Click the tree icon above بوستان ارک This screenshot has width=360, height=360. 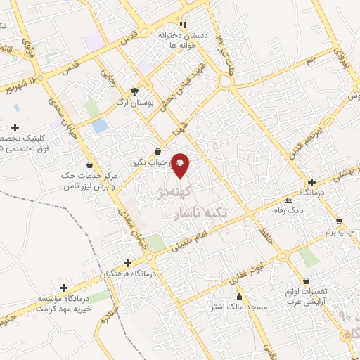(135, 91)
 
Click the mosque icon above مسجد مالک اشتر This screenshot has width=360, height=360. (240, 297)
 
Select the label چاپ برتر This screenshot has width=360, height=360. (340, 231)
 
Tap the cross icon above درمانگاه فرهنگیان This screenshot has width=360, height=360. (127, 262)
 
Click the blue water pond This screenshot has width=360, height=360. (100, 127)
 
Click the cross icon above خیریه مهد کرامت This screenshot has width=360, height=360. (64, 288)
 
